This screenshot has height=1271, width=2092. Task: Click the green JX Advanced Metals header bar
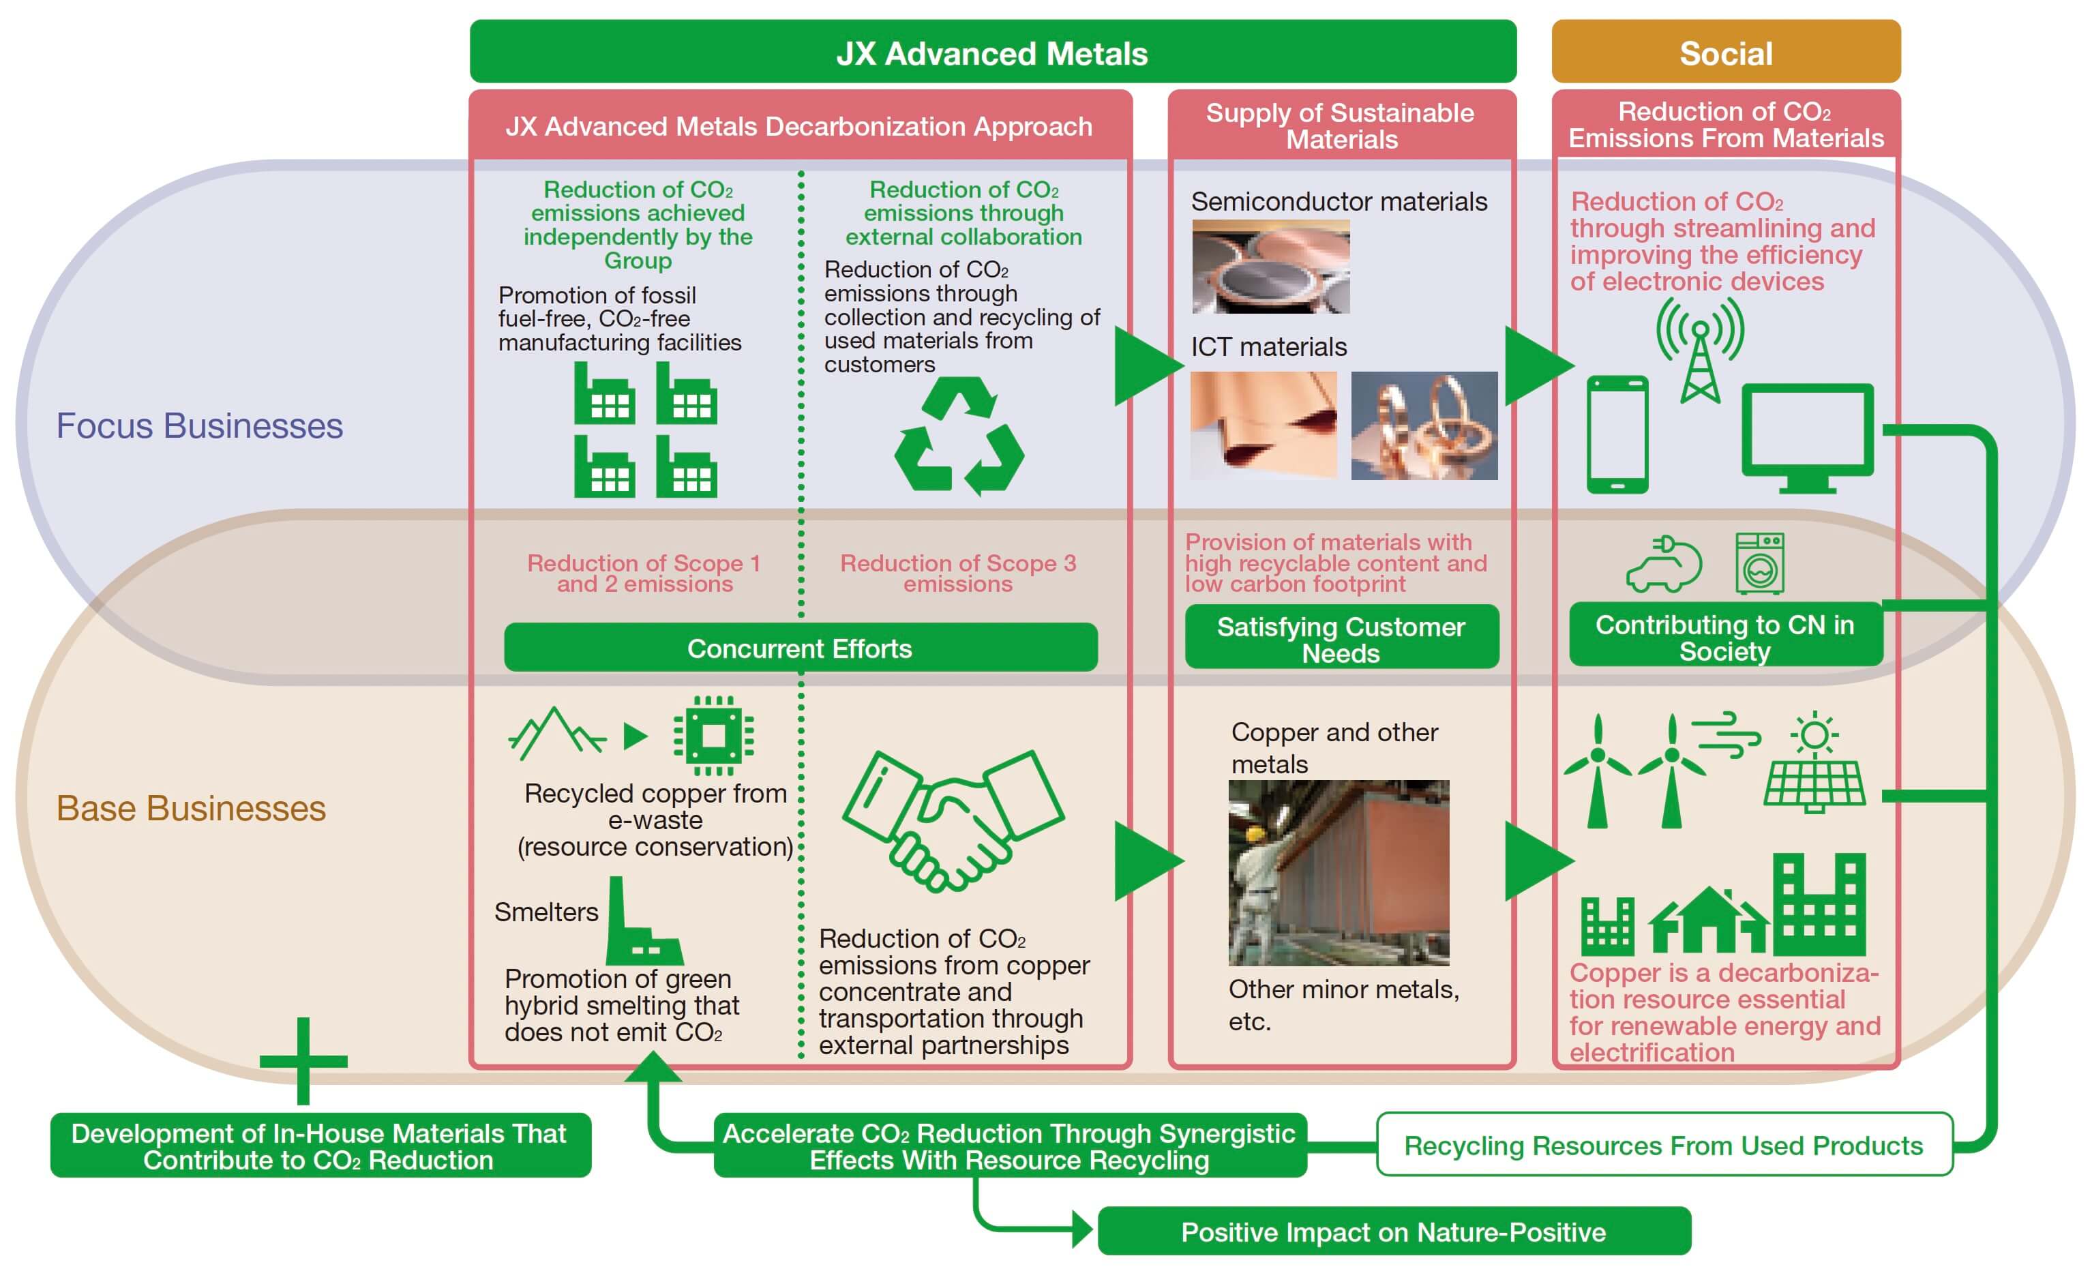[993, 51]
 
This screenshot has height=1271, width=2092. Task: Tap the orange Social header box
[1725, 51]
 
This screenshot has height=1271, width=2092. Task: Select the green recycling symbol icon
[959, 436]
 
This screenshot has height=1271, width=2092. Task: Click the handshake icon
[953, 820]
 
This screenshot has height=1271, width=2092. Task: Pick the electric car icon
[1664, 564]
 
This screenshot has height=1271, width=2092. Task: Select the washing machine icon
[1760, 563]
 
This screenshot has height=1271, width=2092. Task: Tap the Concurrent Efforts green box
[801, 648]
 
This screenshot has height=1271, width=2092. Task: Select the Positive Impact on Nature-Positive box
[1394, 1231]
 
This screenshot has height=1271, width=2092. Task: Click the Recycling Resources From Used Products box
[1664, 1144]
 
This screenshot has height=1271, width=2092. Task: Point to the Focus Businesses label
[200, 425]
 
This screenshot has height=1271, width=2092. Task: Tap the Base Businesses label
[191, 808]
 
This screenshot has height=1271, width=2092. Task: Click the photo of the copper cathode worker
[1339, 873]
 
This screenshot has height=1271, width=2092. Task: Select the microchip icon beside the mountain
[714, 735]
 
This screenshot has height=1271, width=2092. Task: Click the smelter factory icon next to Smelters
[644, 921]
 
